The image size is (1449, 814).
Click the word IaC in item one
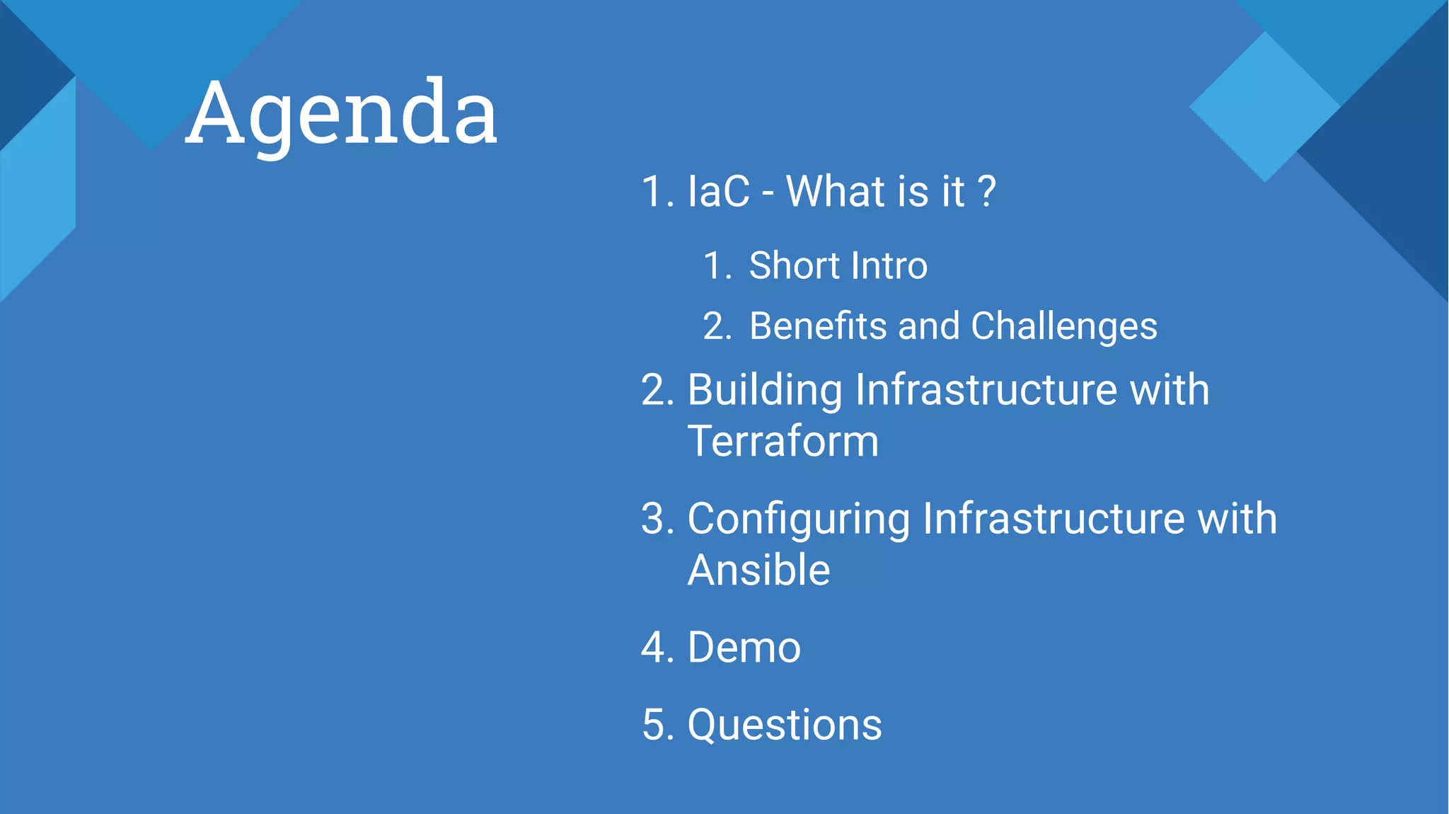[718, 192]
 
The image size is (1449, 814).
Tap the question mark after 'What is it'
[986, 192]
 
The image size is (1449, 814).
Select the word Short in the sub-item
[794, 266]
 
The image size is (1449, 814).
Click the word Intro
[889, 266]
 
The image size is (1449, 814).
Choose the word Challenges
[1063, 327]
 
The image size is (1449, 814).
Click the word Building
[765, 391]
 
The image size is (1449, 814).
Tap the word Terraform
[783, 442]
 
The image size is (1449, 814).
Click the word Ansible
[758, 571]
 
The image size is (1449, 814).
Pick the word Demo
[744, 648]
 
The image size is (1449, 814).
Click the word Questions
[785, 726]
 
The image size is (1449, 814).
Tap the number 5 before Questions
[654, 726]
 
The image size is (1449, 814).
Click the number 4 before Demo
[654, 648]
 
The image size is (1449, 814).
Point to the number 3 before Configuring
[654, 519]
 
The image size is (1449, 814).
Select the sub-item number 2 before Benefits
[715, 327]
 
